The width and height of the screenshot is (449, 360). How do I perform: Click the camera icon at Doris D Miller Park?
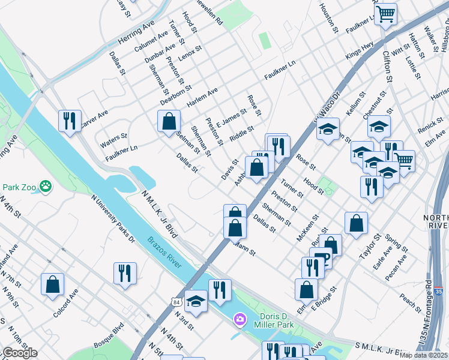coord(240,318)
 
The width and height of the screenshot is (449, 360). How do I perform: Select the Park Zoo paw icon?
coord(46,187)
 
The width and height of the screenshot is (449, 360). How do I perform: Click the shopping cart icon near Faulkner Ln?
coord(385,13)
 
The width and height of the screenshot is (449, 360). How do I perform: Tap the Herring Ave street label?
coord(137,30)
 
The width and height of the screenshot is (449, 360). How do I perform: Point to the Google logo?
coord(19,353)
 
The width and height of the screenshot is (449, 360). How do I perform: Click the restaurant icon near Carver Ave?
coord(70,120)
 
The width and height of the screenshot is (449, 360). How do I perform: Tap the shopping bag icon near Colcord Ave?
coord(52,284)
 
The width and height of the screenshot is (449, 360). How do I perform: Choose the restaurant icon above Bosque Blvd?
coord(125,272)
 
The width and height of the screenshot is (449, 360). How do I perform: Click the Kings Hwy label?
coord(360,50)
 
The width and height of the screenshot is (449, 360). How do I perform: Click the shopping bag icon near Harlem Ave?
coord(169,120)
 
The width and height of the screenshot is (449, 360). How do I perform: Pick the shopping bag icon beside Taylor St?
coord(356,223)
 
